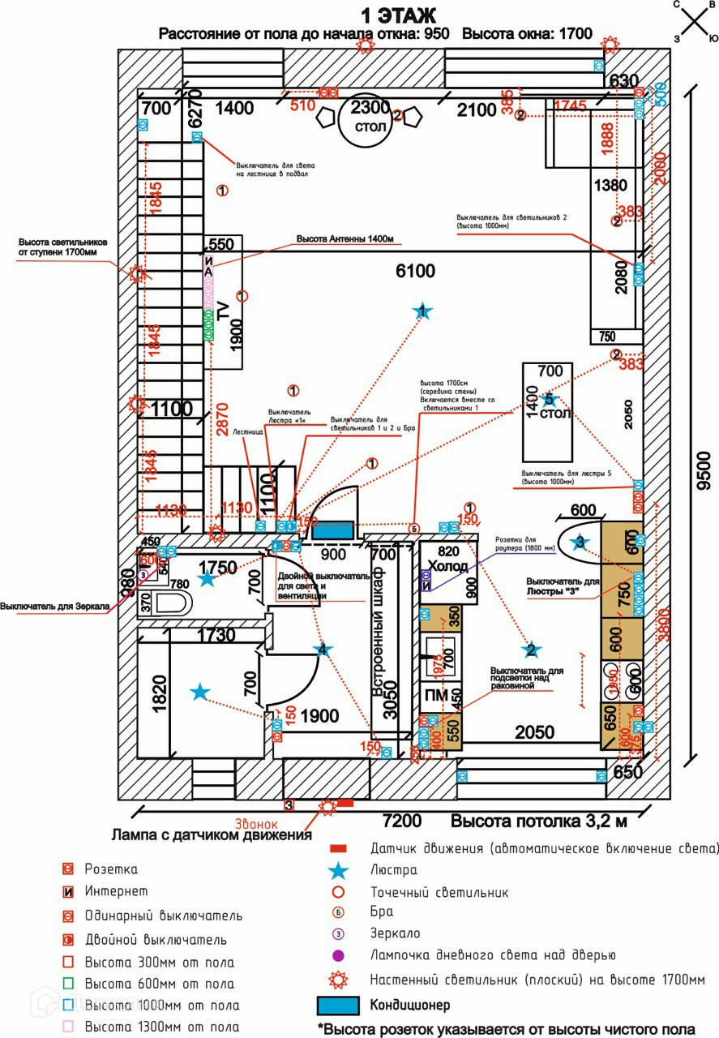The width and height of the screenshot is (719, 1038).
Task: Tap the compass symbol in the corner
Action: coord(695,21)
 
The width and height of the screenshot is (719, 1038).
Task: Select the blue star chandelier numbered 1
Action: coord(422,311)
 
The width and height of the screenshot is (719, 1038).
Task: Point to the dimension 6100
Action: coord(415,271)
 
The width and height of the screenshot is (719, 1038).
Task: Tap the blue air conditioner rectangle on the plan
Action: coord(332,530)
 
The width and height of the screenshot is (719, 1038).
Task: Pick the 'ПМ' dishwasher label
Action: coord(436,694)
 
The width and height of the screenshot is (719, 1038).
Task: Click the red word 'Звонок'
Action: coord(256,824)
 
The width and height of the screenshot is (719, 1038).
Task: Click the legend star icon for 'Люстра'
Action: coord(340,870)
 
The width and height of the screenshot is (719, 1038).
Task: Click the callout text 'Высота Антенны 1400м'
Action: coord(344,239)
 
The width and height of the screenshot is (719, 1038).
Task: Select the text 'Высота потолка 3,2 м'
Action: coord(538,821)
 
